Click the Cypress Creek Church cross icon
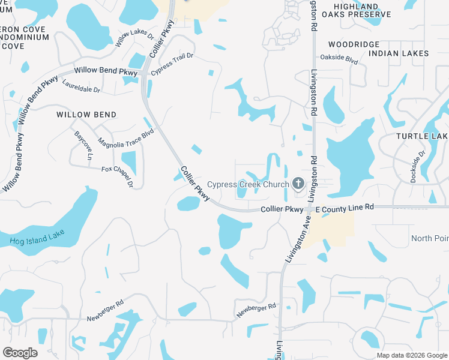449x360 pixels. [x=298, y=184]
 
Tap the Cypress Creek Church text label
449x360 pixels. [x=248, y=184]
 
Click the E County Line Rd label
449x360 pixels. [x=345, y=207]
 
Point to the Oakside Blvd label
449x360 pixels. [x=339, y=61]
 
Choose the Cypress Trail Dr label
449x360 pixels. [x=172, y=64]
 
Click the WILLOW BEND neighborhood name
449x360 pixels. [x=86, y=115]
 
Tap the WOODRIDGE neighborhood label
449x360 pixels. [x=354, y=44]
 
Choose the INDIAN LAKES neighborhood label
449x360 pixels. [x=399, y=53]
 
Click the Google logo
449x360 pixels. [x=20, y=353]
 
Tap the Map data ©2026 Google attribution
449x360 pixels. [x=412, y=355]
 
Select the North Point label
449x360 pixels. [x=430, y=239]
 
